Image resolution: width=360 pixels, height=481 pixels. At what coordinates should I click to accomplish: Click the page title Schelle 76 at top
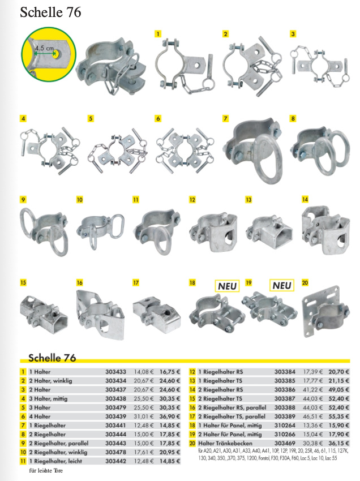(50, 12)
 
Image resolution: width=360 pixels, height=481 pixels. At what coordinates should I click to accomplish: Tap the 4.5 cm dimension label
(44, 48)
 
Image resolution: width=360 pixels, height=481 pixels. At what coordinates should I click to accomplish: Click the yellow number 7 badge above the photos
(226, 118)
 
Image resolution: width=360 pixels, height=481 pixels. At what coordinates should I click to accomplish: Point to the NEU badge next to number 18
(227, 286)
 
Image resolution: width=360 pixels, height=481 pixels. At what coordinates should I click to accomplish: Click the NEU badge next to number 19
(282, 286)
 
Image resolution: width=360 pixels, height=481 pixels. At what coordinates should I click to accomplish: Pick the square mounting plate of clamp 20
(322, 311)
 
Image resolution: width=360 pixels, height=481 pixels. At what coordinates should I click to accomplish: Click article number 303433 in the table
(115, 372)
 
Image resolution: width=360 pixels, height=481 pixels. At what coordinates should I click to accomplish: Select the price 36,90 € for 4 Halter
(170, 416)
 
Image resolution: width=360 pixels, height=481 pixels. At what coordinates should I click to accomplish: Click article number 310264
(285, 426)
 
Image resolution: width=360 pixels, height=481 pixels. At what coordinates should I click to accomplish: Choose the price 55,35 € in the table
(339, 416)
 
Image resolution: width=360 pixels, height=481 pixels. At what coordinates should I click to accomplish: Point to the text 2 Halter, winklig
(50, 381)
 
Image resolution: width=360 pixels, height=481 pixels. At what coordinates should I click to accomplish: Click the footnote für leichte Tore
(46, 470)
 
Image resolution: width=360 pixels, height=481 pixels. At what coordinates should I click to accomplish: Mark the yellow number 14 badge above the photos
(305, 199)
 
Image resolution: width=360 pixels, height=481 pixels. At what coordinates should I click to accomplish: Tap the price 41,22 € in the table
(313, 389)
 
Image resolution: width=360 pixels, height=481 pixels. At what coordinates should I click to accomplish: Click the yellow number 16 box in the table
(192, 407)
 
